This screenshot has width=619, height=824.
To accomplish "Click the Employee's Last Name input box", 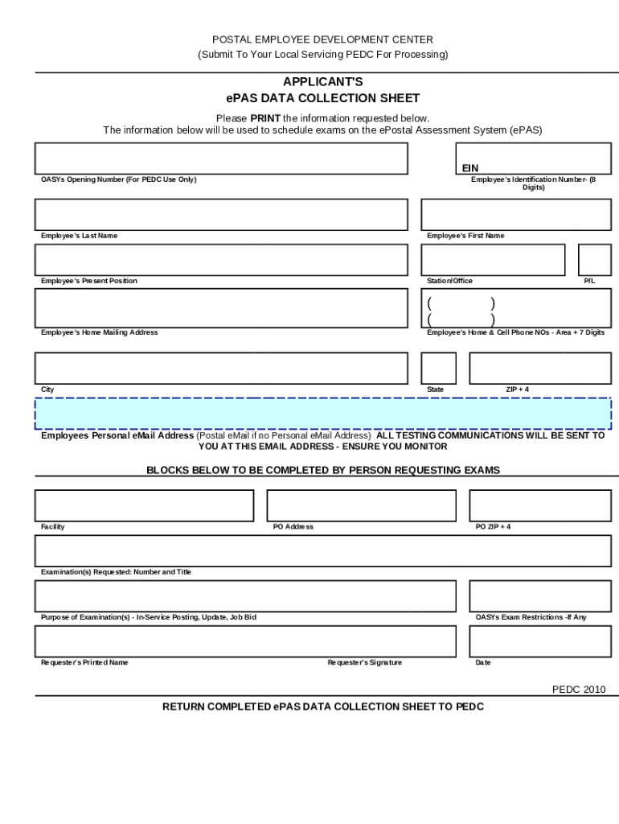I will click(220, 215).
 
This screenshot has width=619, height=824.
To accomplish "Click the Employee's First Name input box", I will click(515, 215).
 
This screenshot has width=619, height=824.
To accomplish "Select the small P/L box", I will click(594, 260).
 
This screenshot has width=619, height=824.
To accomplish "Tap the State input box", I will click(438, 368).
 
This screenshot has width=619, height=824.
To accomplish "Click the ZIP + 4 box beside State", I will click(539, 368).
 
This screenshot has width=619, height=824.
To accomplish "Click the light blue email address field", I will click(322, 414).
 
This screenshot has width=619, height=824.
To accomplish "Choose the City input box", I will click(220, 368).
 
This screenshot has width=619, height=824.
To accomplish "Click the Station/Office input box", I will click(492, 260).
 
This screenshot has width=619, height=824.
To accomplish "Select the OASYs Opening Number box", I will click(220, 159).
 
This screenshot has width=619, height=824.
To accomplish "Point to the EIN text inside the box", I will click(469, 168).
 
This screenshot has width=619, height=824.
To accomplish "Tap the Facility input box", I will click(144, 505).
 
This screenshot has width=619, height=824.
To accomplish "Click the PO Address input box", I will click(361, 505).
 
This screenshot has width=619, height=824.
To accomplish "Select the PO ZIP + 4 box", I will click(539, 505).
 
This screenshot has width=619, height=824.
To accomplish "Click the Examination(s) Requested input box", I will click(322, 551).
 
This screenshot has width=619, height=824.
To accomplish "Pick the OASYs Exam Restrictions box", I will click(539, 596).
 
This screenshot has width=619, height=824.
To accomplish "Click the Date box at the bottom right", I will click(539, 641).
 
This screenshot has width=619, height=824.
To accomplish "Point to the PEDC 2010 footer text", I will click(578, 690).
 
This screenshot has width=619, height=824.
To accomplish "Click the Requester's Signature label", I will click(364, 663).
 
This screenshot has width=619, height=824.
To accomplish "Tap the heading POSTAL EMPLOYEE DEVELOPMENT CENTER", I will click(322, 39).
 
